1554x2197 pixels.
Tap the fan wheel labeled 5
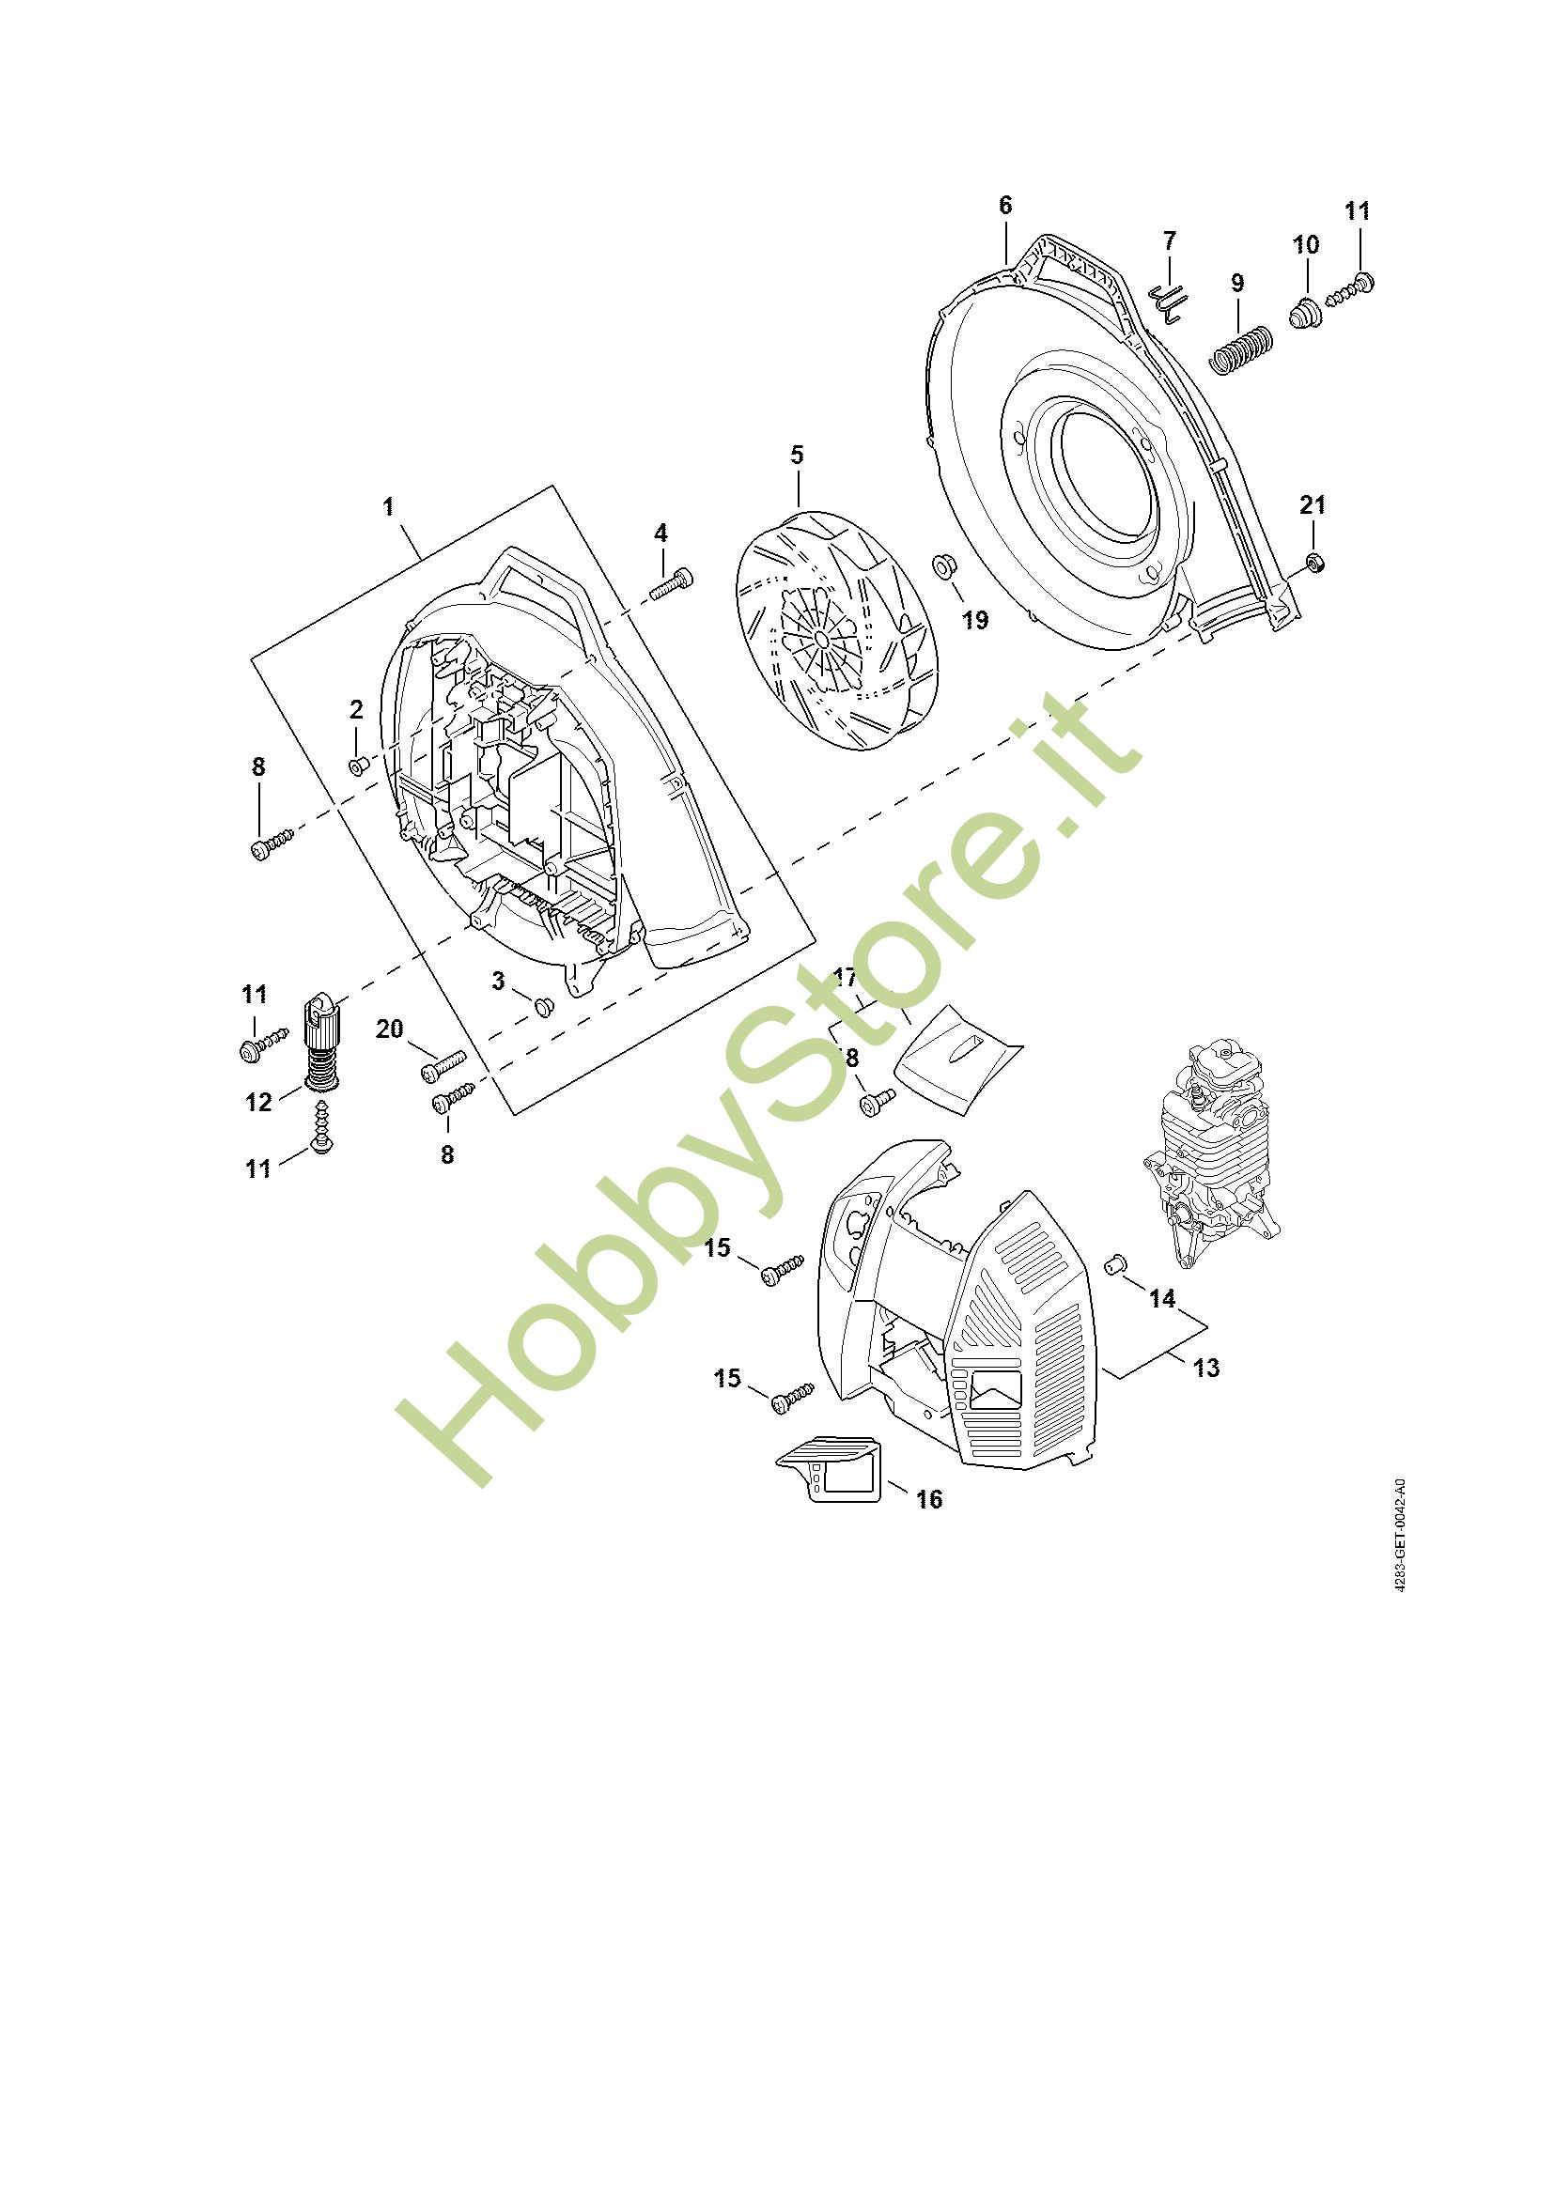click(835, 631)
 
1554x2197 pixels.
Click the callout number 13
click(1206, 1369)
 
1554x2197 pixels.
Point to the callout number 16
click(929, 1498)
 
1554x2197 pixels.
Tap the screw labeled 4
click(672, 582)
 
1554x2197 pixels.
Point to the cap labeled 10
click(1304, 313)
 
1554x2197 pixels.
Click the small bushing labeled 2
click(359, 766)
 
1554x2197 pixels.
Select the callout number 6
click(1004, 206)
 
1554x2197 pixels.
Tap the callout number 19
click(974, 620)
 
